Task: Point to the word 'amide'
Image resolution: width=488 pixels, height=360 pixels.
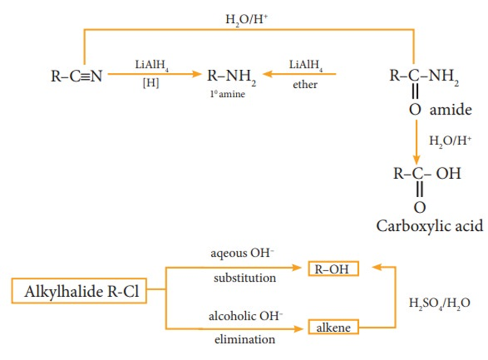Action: tap(451, 110)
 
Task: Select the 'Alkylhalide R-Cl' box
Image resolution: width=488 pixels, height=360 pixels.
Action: tap(79, 292)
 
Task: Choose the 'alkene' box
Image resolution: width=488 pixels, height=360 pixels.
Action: tap(334, 327)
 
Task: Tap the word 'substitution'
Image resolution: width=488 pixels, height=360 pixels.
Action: tap(245, 278)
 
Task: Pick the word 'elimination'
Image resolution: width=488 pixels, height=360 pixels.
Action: tap(245, 339)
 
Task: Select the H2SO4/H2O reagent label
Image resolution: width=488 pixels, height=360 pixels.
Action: tap(439, 304)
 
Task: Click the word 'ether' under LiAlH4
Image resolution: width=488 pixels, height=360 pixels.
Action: tap(305, 84)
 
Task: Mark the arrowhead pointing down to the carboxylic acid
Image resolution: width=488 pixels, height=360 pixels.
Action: tap(417, 160)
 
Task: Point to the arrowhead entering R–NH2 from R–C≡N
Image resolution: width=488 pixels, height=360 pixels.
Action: tap(196, 75)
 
